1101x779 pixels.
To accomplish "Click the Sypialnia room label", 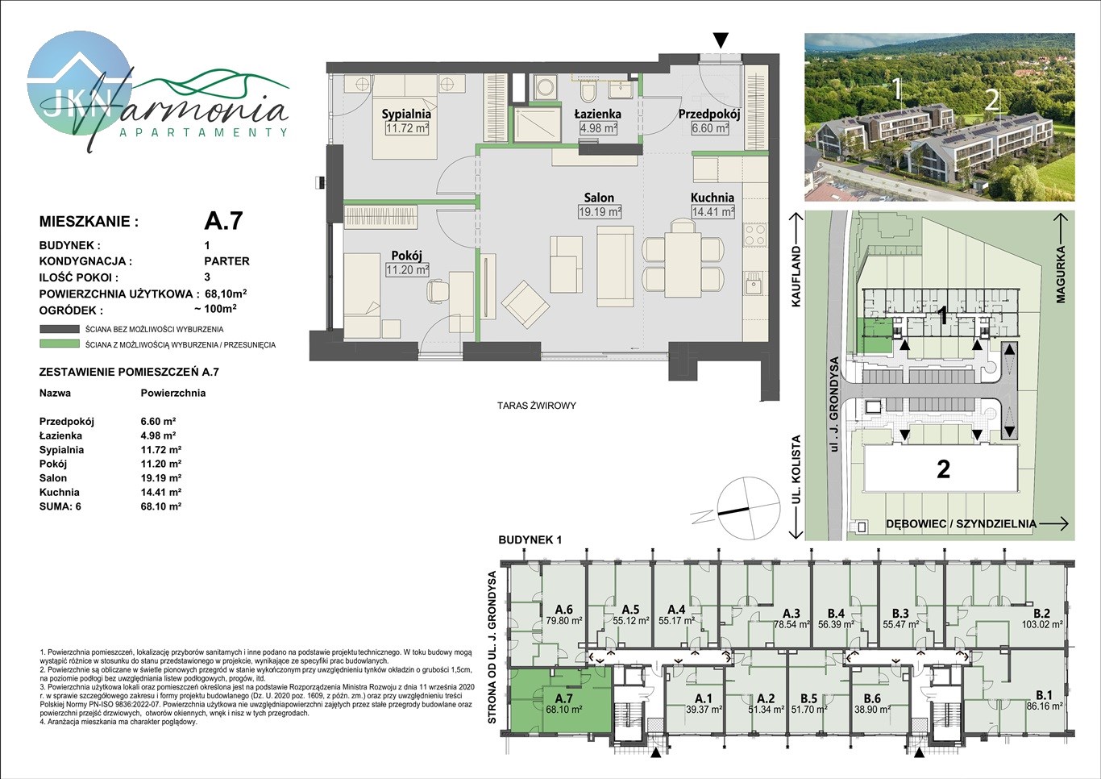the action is tap(406, 114).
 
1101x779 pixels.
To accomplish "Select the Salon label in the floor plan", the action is tap(599, 198).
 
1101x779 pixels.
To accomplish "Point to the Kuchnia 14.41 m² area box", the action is tap(713, 212).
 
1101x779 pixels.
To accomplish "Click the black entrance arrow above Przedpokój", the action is tap(721, 40).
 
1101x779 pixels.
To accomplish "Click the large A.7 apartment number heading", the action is tap(223, 220).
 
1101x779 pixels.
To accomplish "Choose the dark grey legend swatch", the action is tap(60, 329).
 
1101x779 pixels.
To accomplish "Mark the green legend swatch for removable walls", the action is tap(60, 344).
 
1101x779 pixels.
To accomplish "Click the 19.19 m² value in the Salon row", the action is tap(160, 477).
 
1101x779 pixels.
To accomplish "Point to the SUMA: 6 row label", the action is tap(60, 506).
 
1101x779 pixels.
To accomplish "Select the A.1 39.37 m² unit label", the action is tap(704, 704).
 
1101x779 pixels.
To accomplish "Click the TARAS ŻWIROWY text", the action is tap(536, 406).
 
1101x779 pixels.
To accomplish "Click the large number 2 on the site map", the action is tap(943, 469).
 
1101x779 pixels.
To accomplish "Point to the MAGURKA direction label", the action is tap(1060, 274).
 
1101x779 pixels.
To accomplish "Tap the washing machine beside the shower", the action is tap(544, 88).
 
